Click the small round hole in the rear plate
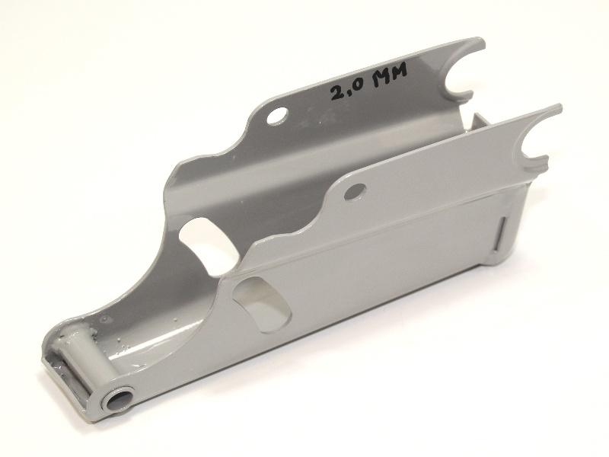pyautogui.click(x=277, y=116)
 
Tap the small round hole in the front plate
pyautogui.click(x=355, y=192)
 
